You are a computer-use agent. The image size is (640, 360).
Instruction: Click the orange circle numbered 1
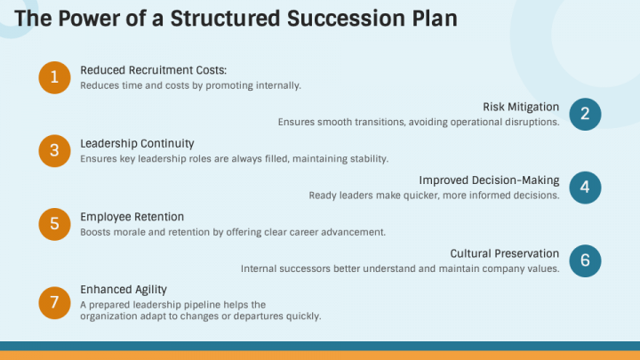pyautogui.click(x=54, y=77)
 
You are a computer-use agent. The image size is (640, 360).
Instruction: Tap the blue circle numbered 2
pyautogui.click(x=585, y=114)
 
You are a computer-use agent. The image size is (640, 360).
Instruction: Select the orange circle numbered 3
pyautogui.click(x=54, y=150)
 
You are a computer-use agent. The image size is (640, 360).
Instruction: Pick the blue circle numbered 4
pyautogui.click(x=585, y=187)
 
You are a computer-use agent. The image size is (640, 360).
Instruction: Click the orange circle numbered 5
pyautogui.click(x=54, y=224)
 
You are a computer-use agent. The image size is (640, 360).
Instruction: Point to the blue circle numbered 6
pyautogui.click(x=585, y=260)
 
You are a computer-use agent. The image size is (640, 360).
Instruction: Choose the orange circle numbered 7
pyautogui.click(x=54, y=302)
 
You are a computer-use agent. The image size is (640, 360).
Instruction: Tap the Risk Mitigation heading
pyautogui.click(x=521, y=107)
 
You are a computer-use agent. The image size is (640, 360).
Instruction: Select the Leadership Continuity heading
pyautogui.click(x=137, y=143)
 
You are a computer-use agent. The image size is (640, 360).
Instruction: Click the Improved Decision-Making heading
pyautogui.click(x=489, y=180)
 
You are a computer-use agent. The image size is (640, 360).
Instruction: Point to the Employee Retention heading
pyautogui.click(x=132, y=217)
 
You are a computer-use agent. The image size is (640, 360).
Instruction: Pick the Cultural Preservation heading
pyautogui.click(x=504, y=253)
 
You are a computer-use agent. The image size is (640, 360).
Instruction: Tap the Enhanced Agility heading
pyautogui.click(x=124, y=290)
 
